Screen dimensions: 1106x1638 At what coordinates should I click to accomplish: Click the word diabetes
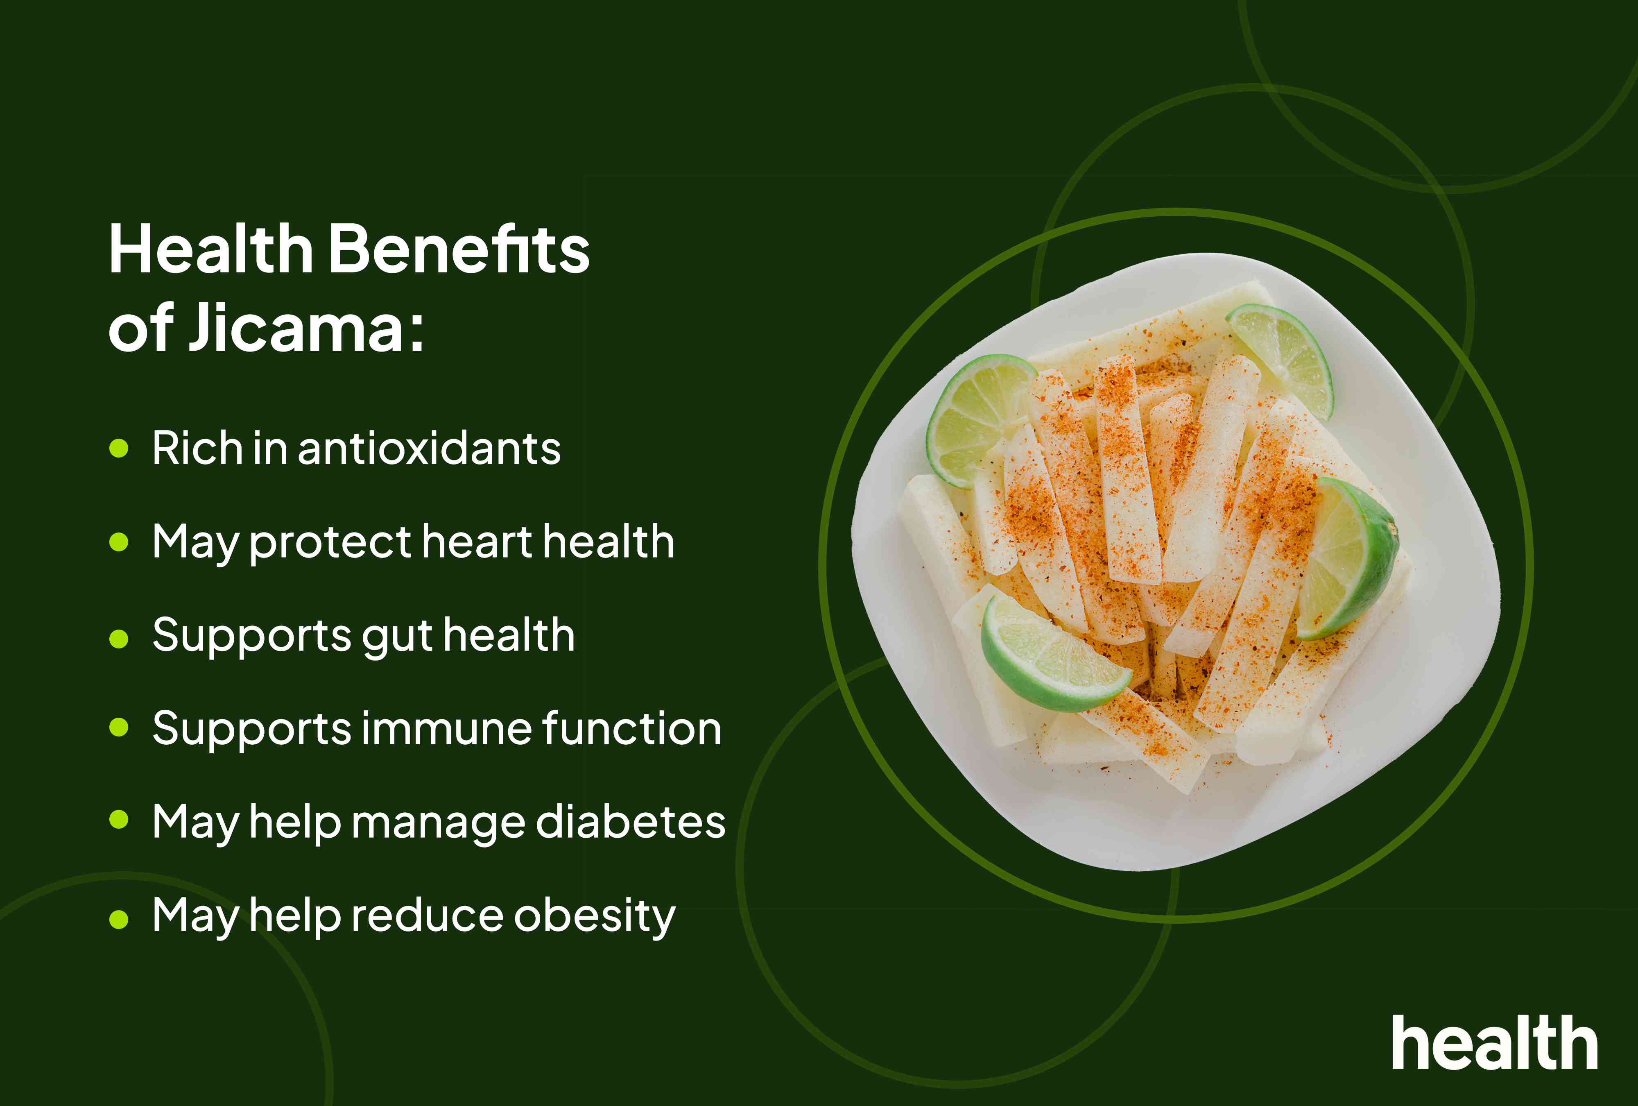pos(630,822)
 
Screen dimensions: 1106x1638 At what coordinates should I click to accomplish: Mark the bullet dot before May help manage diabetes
pos(119,820)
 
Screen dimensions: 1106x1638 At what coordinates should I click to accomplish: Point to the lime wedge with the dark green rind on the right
pos(1350,557)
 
